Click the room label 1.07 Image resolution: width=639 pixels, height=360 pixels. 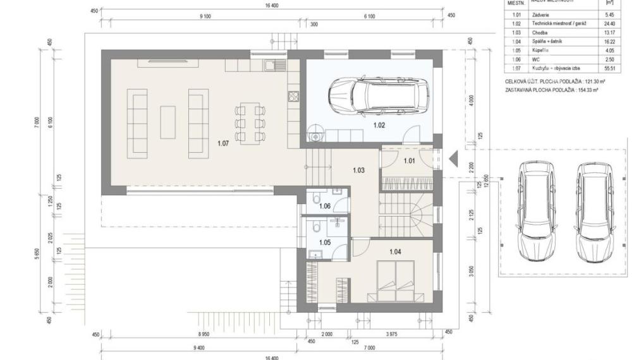[222, 144]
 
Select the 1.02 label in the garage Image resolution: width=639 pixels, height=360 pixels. [379, 125]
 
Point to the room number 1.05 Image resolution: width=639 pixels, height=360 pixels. [325, 242]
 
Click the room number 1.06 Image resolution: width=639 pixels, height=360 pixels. [325, 206]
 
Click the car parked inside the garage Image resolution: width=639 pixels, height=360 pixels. [378, 95]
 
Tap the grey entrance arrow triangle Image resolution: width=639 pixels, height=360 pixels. [453, 159]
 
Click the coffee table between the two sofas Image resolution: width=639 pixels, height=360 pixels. [167, 123]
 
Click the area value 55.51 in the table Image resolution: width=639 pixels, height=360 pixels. [610, 68]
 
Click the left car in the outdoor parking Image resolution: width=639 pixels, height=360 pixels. [536, 210]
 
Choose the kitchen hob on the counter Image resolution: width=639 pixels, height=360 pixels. [293, 97]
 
